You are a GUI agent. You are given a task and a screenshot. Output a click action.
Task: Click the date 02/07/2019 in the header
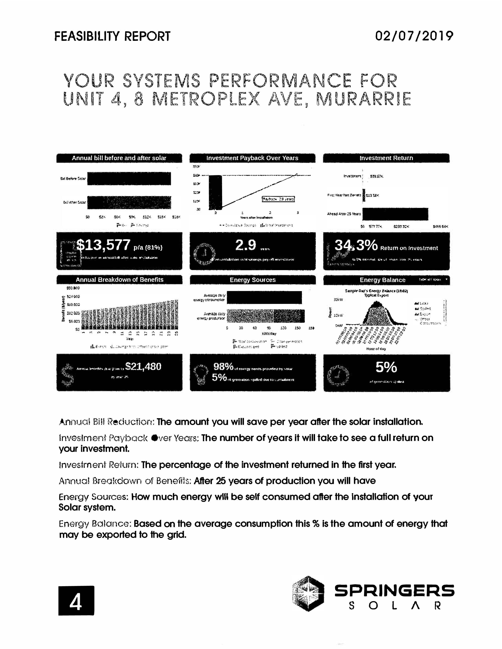(x=414, y=36)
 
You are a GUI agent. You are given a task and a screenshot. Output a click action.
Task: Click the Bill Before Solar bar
(x=129, y=179)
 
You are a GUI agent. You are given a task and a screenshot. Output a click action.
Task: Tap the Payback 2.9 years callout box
(x=278, y=199)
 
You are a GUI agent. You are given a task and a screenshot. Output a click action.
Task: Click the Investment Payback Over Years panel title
(x=252, y=158)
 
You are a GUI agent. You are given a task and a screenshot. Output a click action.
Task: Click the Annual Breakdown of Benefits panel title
(x=119, y=280)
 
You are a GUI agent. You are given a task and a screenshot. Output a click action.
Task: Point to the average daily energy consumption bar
(x=264, y=297)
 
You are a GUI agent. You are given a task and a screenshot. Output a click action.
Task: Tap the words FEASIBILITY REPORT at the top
(x=112, y=36)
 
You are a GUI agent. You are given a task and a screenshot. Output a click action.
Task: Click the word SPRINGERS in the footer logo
(x=394, y=590)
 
